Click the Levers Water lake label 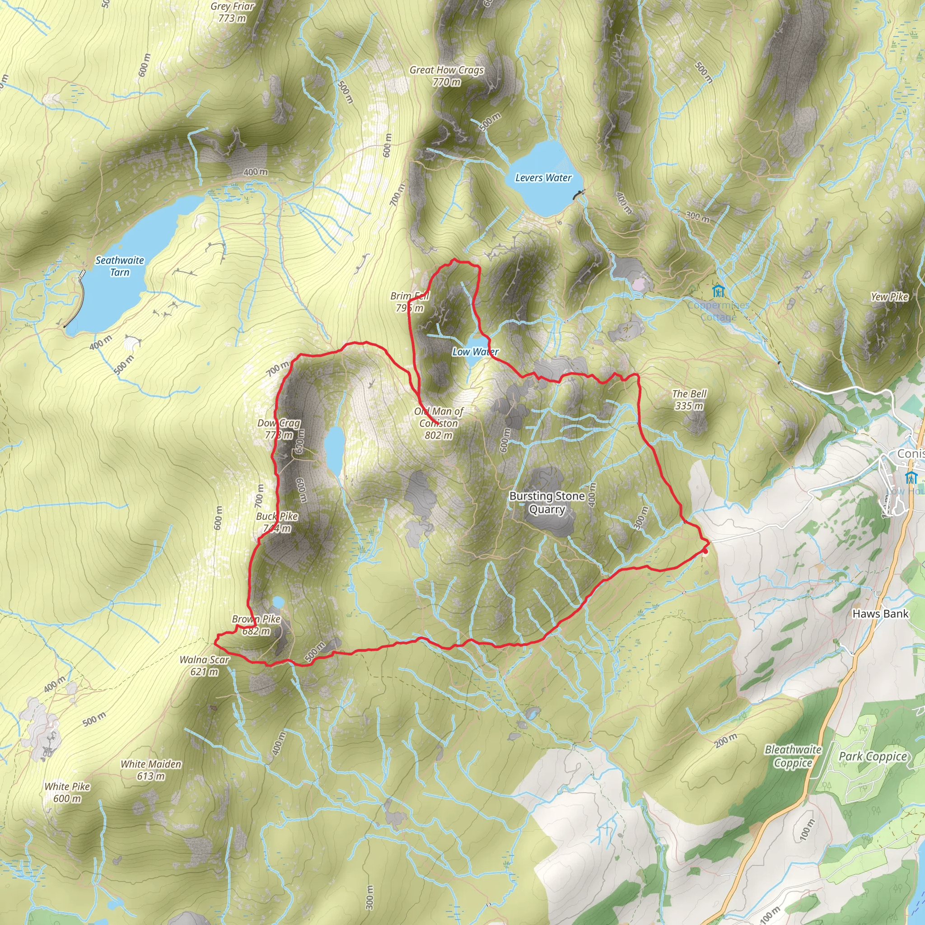tap(543, 178)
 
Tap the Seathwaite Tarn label tap(120, 266)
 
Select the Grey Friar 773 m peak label tap(232, 13)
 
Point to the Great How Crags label tap(446, 75)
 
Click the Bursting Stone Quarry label tap(547, 502)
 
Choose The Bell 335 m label tap(689, 400)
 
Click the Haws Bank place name tap(880, 614)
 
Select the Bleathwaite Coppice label tap(793, 756)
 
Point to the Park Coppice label tap(873, 757)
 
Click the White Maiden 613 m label tap(151, 770)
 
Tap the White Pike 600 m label tap(67, 792)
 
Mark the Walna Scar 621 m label tap(205, 665)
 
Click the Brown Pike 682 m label tap(256, 625)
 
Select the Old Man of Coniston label tap(439, 423)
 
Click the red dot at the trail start tap(705, 551)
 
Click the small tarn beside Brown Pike tap(278, 602)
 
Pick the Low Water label tap(476, 352)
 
